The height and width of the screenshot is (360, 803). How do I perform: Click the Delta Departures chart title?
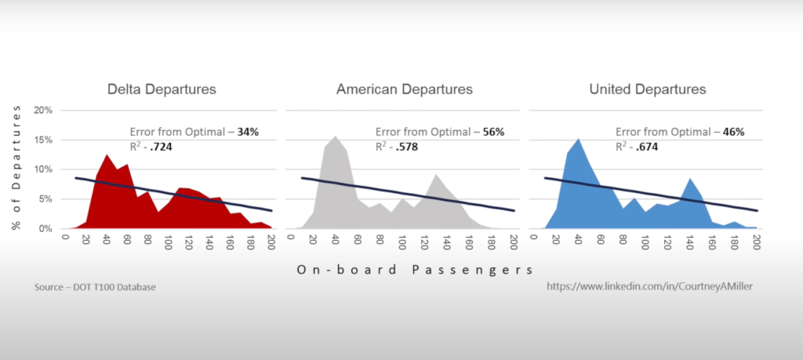(162, 89)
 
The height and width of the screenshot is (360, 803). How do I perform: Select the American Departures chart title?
(404, 89)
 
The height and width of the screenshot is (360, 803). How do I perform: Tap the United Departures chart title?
(647, 89)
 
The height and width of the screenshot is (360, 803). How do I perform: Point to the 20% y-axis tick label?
(42, 110)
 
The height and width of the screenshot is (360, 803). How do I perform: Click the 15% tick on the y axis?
(42, 140)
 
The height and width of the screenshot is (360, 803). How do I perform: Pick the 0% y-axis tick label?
(46, 229)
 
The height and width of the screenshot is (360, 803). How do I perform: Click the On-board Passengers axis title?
(416, 269)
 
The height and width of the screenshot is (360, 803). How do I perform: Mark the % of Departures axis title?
(16, 169)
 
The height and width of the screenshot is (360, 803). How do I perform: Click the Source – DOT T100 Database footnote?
(95, 288)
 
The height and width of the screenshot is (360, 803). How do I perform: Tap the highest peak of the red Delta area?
(107, 155)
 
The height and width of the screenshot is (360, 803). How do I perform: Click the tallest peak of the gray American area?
(336, 137)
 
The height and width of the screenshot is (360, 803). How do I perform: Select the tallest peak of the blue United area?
(579, 140)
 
